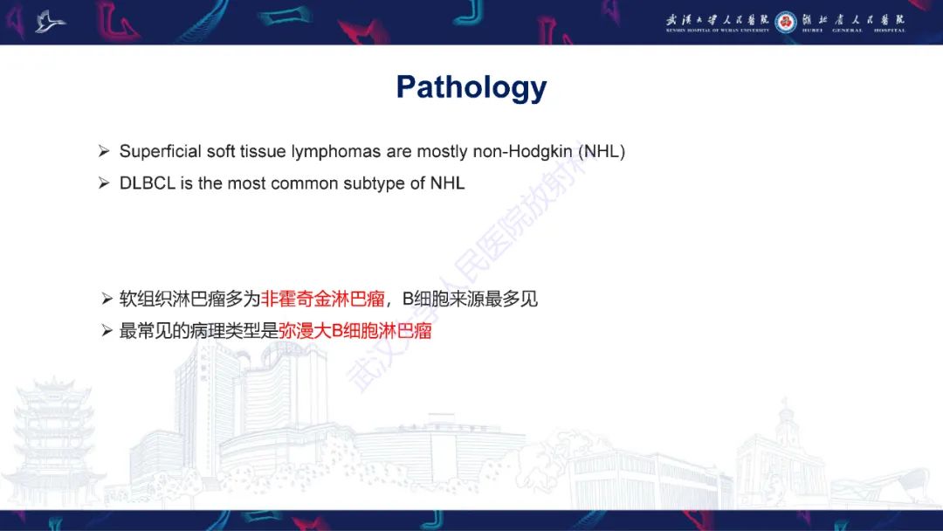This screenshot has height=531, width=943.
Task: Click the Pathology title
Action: (471, 87)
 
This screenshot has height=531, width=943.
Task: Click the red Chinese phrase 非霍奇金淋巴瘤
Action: (323, 300)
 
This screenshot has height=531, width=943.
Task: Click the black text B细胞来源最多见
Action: (470, 300)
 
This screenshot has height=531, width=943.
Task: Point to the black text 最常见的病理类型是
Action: (198, 331)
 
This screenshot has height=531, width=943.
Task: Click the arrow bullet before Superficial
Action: (104, 152)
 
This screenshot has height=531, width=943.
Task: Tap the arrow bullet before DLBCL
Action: (104, 183)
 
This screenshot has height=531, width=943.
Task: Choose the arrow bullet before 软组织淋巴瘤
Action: (107, 300)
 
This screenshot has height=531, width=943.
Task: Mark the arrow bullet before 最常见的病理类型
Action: (107, 331)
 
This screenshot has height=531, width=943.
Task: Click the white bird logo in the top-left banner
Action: (51, 21)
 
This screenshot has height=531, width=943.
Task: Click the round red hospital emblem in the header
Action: (786, 22)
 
